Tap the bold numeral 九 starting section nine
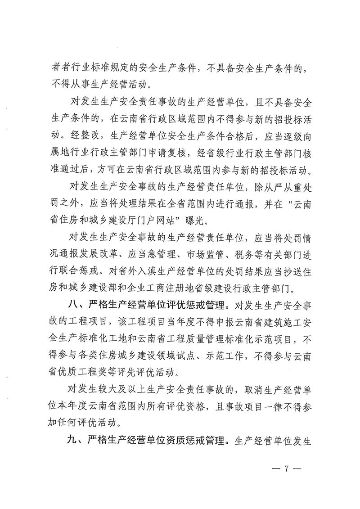tap(72, 439)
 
